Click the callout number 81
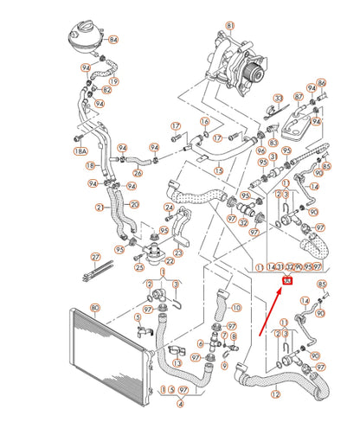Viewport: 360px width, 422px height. [x=229, y=27]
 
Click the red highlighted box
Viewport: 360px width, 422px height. [x=288, y=280]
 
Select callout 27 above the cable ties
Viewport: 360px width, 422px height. [x=96, y=257]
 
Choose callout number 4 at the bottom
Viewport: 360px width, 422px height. [x=179, y=403]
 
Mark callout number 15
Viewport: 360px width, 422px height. [x=219, y=172]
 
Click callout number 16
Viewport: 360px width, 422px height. [x=205, y=121]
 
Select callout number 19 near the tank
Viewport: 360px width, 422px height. [x=114, y=80]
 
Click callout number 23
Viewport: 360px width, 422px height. [x=178, y=253]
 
